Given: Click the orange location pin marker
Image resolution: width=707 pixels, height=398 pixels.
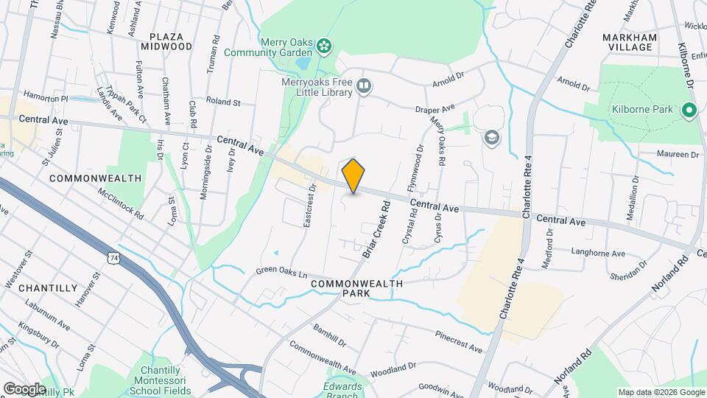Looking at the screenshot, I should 353,175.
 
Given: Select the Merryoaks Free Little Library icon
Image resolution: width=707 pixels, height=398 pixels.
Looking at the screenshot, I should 363,88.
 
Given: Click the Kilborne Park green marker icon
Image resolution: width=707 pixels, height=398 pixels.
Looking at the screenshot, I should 689,111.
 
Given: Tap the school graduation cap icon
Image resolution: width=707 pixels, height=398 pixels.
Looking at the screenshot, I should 490,137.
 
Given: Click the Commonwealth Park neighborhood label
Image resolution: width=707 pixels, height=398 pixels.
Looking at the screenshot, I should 356,288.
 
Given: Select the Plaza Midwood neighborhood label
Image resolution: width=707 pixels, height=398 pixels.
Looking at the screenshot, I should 170,41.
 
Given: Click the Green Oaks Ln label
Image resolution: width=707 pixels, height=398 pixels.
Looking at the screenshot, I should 281,273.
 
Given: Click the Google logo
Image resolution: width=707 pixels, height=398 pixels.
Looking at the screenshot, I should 24,388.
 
